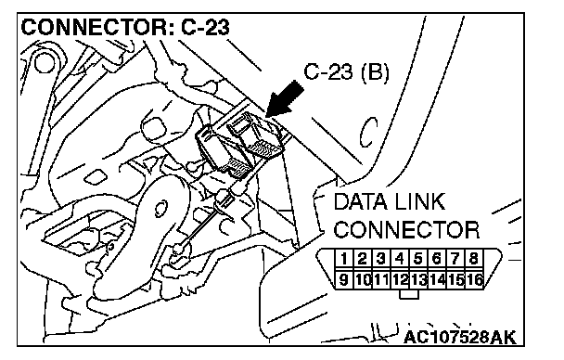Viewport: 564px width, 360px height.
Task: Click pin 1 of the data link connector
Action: [344, 259]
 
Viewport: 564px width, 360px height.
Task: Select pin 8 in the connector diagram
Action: [474, 259]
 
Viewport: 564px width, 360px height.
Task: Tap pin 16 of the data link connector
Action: [474, 279]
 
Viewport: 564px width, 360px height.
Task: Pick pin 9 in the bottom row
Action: [344, 279]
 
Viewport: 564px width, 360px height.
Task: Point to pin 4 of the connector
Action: [400, 259]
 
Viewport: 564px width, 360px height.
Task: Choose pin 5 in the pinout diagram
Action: [418, 259]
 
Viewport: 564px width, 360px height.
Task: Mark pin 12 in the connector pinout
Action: [400, 279]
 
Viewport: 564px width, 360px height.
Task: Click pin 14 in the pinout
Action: [437, 279]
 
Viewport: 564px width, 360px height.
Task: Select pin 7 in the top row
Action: [455, 259]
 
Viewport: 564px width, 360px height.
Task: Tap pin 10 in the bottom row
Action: [363, 279]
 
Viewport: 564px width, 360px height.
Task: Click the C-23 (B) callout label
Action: [346, 72]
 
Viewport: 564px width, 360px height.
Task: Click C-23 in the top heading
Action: [205, 27]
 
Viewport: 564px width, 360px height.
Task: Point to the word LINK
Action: [420, 201]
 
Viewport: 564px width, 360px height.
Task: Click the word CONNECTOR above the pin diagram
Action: [406, 230]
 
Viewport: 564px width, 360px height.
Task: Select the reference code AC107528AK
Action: [460, 338]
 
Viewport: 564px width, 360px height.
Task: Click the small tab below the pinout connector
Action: [409, 294]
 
